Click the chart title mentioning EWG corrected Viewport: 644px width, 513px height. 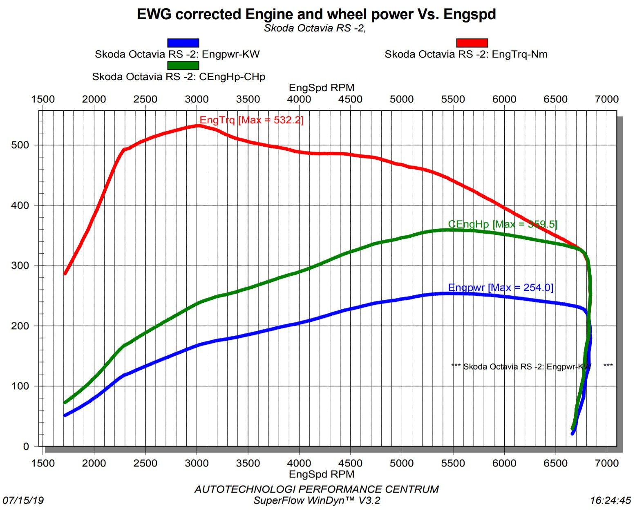click(x=316, y=14)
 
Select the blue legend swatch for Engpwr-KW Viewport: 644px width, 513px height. click(x=183, y=43)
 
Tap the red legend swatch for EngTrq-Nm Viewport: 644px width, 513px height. click(x=472, y=43)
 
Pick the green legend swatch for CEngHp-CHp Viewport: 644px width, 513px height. click(x=183, y=65)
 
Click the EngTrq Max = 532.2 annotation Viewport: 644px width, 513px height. click(x=251, y=120)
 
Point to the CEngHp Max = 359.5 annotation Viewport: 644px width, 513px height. click(x=503, y=224)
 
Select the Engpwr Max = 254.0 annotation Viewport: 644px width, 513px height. click(x=501, y=288)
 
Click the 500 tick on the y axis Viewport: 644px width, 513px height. click(x=20, y=145)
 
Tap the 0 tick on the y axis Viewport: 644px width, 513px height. click(x=26, y=446)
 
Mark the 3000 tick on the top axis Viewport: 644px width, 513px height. click(x=197, y=99)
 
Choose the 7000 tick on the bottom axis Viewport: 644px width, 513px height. click(x=607, y=463)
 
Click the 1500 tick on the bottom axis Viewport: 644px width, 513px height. click(x=43, y=463)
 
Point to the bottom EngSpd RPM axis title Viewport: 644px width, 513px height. click(x=322, y=474)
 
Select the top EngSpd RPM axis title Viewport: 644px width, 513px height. click(x=322, y=88)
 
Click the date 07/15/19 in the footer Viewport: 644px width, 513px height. click(x=23, y=500)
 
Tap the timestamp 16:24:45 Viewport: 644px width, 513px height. click(x=610, y=500)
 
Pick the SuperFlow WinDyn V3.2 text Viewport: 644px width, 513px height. click(x=317, y=501)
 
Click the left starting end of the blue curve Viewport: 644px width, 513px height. click(x=65, y=415)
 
